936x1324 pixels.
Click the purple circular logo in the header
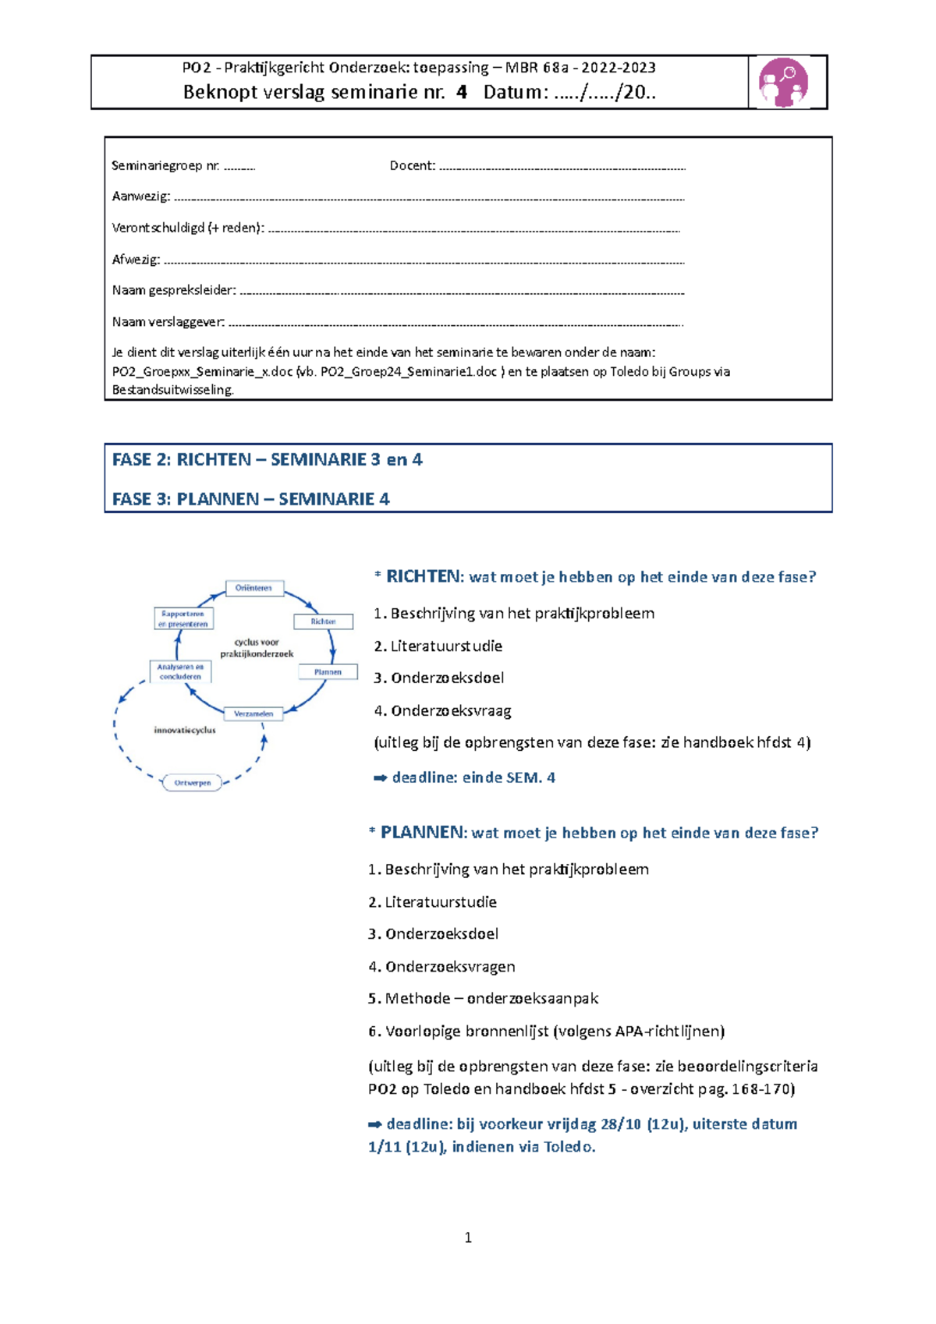click(783, 82)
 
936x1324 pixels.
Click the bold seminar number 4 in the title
click(462, 92)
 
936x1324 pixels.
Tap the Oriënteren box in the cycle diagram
click(254, 588)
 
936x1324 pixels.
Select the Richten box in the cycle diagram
click(323, 621)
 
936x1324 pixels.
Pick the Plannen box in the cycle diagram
click(328, 672)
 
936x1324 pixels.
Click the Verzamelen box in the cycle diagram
click(253, 713)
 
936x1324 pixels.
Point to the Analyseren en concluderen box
click(180, 671)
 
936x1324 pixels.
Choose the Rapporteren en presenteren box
click(183, 618)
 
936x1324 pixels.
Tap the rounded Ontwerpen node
click(192, 783)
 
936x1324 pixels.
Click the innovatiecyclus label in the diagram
click(185, 731)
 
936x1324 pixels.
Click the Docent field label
click(413, 165)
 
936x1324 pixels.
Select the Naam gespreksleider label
click(174, 290)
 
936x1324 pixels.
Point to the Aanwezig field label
click(141, 196)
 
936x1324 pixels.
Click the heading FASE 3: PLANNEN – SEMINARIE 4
click(251, 499)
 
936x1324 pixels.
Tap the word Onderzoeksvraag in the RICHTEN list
click(451, 710)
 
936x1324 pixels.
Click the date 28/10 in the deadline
click(621, 1124)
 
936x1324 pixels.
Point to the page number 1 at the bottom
click(468, 1237)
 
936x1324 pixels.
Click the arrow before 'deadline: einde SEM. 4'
click(381, 777)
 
